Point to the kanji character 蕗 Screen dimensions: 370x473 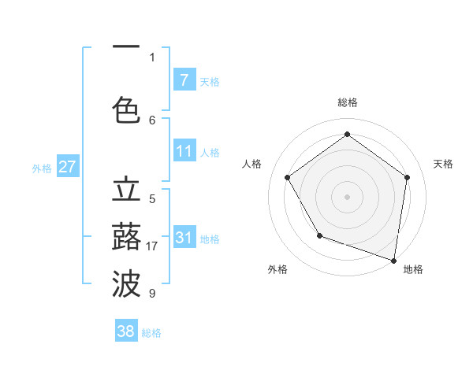pyautogui.click(x=126, y=237)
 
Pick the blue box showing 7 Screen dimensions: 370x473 pyautogui.click(x=184, y=80)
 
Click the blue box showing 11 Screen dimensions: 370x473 pyautogui.click(x=184, y=152)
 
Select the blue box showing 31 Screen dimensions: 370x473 pyautogui.click(x=184, y=238)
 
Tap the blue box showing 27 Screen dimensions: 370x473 pyautogui.click(x=68, y=167)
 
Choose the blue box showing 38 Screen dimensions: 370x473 pyautogui.click(x=126, y=331)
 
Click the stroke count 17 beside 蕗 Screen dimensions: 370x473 pyautogui.click(x=153, y=246)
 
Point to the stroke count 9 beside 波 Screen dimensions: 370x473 pyautogui.click(x=152, y=294)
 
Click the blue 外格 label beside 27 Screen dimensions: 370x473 pyautogui.click(x=42, y=168)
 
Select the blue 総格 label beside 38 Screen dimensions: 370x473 pyautogui.click(x=151, y=333)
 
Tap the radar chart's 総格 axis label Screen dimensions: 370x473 pyautogui.click(x=348, y=102)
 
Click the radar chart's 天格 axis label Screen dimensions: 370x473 pyautogui.click(x=443, y=164)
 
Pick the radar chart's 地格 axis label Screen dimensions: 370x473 pyautogui.click(x=413, y=269)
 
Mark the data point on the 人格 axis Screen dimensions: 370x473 pyautogui.click(x=288, y=177)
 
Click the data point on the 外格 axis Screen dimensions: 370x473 pyautogui.click(x=319, y=235)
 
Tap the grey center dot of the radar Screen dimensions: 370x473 pyautogui.click(x=348, y=196)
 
